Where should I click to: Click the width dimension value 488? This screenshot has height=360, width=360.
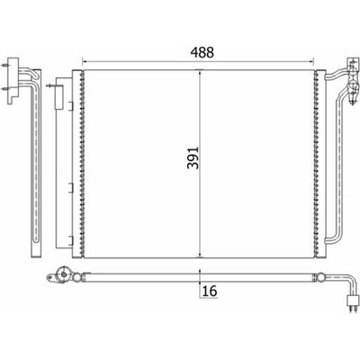coord(202,52)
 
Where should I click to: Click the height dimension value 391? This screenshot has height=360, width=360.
coord(193,157)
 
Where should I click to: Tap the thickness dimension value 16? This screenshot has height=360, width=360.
coord(210,291)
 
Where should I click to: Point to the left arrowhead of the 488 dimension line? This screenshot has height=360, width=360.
coord(85,61)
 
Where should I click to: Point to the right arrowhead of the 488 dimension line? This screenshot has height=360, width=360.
coord(311,61)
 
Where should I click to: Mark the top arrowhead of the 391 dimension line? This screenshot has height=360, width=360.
coord(200,72)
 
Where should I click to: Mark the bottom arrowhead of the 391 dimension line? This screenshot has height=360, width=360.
coord(200,255)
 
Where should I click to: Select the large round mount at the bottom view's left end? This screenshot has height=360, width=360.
coord(64,274)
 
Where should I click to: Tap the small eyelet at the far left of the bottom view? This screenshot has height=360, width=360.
coord(49,277)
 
